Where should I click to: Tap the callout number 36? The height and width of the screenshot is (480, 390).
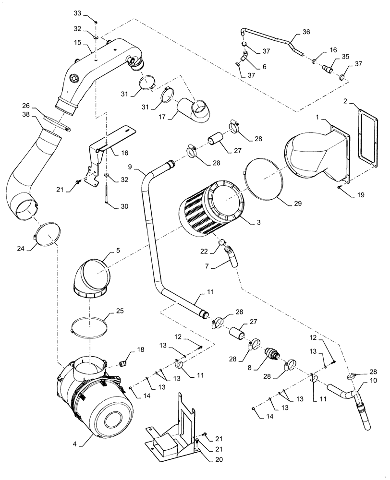[306, 32]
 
